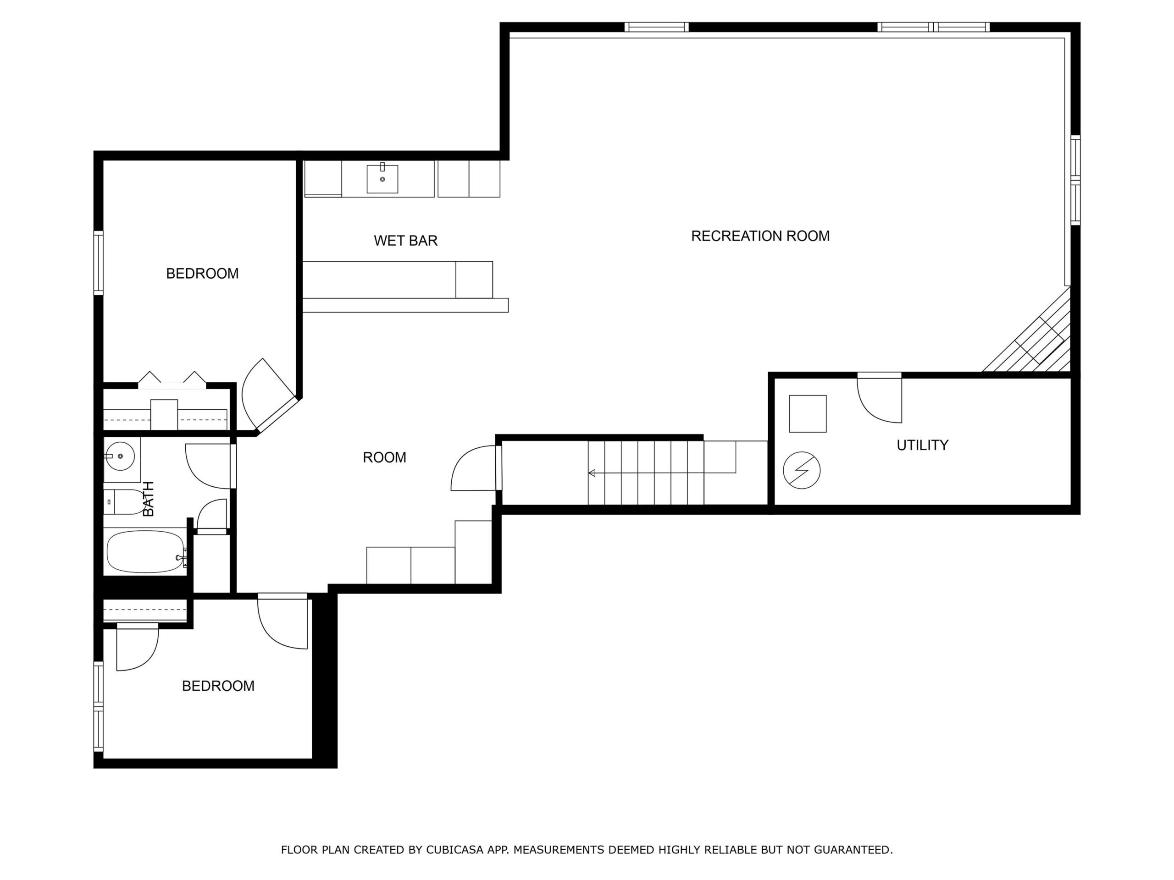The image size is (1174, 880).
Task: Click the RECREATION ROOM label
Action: point(760,236)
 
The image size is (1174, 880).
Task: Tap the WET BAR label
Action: point(405,241)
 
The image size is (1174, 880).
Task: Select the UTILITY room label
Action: point(922,445)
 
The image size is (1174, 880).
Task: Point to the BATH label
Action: point(148,499)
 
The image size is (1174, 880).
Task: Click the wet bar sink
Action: point(382,179)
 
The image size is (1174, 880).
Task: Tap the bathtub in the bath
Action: point(146,552)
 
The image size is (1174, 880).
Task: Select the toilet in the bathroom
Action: point(125,502)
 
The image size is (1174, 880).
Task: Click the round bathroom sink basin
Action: point(119,456)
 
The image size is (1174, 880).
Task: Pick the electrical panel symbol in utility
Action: point(802,470)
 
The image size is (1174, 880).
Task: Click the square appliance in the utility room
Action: point(807,414)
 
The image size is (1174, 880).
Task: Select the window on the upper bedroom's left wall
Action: point(98,263)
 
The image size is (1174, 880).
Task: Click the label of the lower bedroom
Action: point(218,686)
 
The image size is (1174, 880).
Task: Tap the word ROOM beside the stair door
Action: point(384,457)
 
